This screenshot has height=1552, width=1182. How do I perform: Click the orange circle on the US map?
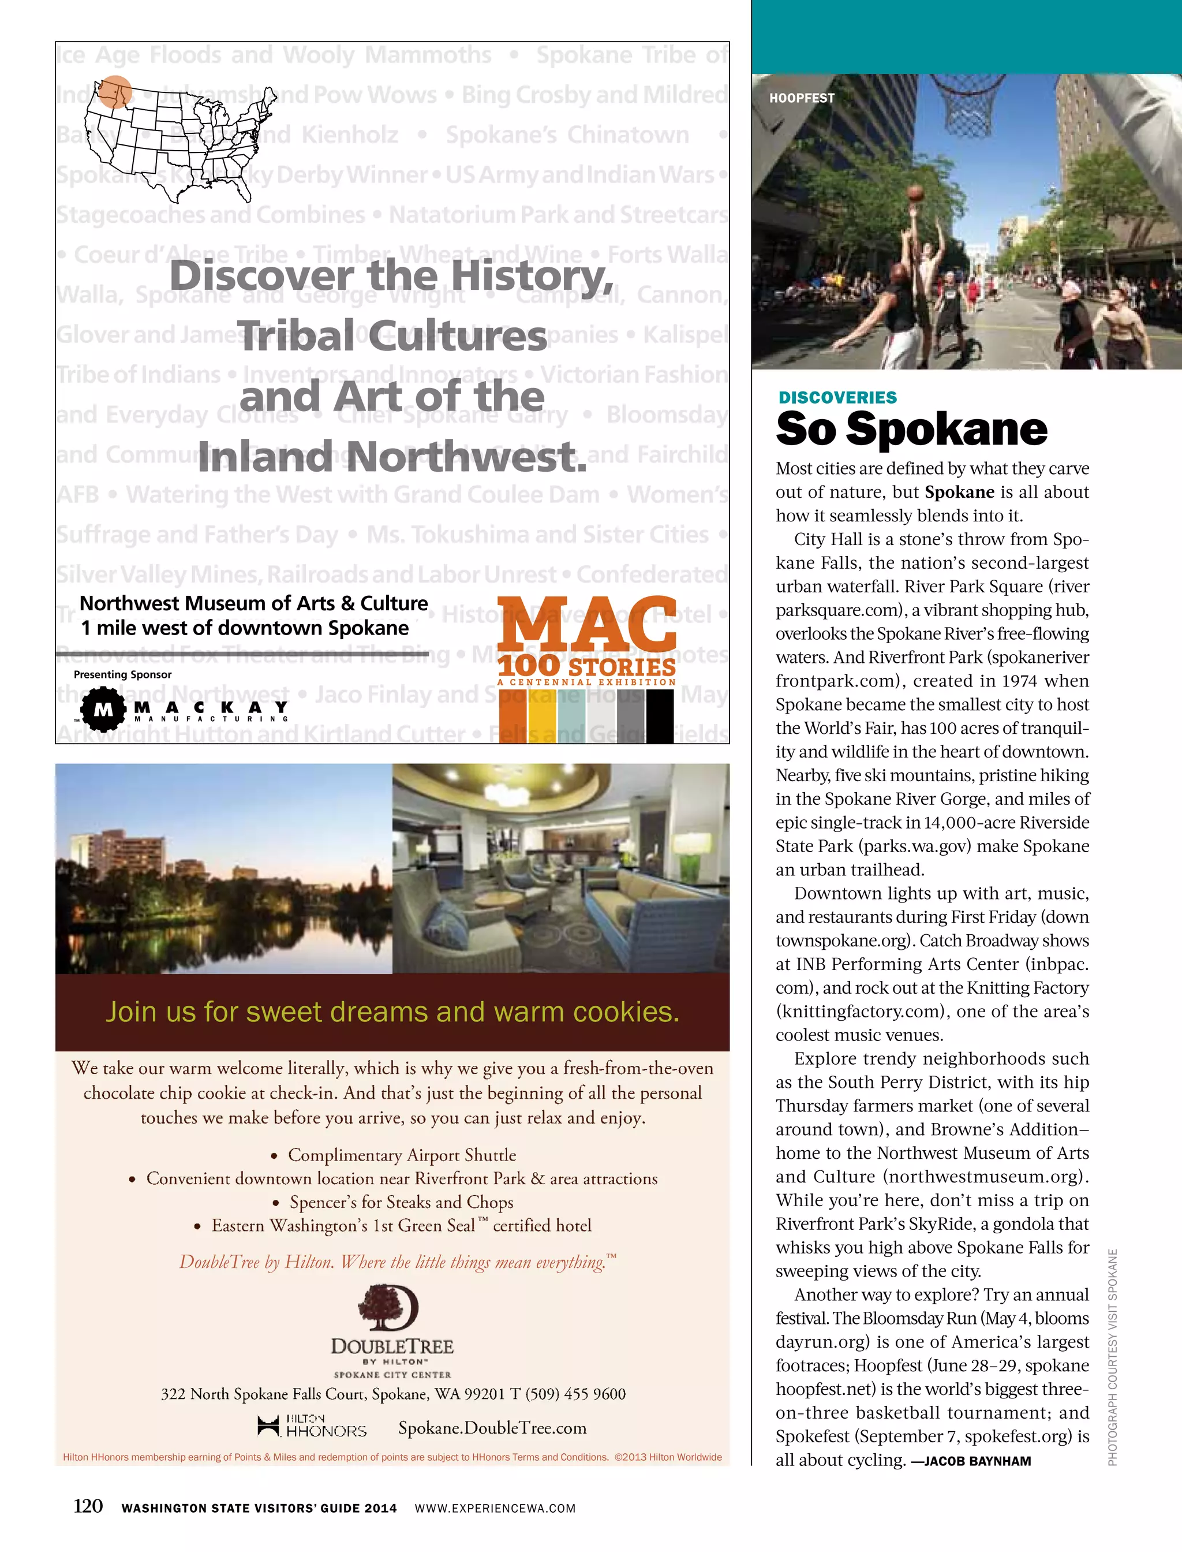[x=114, y=91]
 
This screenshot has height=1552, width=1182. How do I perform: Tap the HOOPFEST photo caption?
[x=801, y=98]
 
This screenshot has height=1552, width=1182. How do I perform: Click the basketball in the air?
[x=915, y=193]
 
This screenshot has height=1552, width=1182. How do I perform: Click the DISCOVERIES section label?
[x=837, y=398]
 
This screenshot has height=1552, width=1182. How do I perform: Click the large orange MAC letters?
[x=587, y=624]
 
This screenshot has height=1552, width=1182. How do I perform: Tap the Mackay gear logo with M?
[x=103, y=710]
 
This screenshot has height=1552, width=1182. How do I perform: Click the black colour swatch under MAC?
[x=659, y=717]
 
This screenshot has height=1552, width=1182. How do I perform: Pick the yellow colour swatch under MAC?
[x=542, y=717]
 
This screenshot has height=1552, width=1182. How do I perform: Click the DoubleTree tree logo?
[x=388, y=1308]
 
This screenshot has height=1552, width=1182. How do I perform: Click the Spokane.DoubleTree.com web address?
[x=492, y=1427]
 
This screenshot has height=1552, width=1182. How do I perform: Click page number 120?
[x=88, y=1506]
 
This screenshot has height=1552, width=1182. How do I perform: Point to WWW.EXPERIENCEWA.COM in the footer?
[x=495, y=1508]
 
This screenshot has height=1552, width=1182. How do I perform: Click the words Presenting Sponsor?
[x=122, y=674]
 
